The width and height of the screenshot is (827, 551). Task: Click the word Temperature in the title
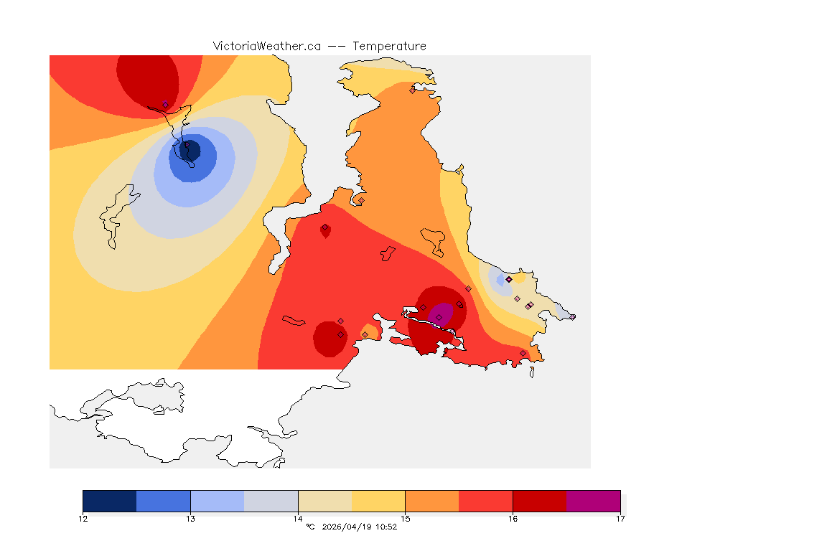tap(389, 46)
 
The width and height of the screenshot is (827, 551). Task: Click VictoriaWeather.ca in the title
tap(266, 46)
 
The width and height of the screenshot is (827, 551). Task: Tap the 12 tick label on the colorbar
tap(83, 518)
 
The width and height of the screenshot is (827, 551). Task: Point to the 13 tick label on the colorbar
tap(190, 518)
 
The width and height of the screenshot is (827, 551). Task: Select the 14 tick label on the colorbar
tap(298, 518)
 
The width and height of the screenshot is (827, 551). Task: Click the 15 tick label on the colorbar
tap(406, 518)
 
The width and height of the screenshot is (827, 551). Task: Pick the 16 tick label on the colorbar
tap(513, 518)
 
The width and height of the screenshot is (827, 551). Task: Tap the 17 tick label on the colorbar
tap(620, 518)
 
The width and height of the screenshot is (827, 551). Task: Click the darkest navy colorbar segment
tap(110, 501)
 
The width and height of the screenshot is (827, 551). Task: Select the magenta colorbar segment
tap(594, 501)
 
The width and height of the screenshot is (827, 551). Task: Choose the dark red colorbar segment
tap(540, 501)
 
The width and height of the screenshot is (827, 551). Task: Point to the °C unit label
tap(310, 527)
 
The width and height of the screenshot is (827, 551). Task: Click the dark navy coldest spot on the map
tap(190, 151)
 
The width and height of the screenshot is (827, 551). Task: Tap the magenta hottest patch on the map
tap(441, 314)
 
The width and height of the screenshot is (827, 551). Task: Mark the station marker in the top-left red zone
tap(165, 105)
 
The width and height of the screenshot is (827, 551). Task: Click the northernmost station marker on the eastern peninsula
tap(412, 90)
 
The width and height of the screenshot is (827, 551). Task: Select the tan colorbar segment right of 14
tap(324, 501)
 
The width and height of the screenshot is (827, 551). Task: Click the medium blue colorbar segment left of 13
tap(164, 501)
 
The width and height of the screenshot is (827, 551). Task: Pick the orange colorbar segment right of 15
tap(432, 501)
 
